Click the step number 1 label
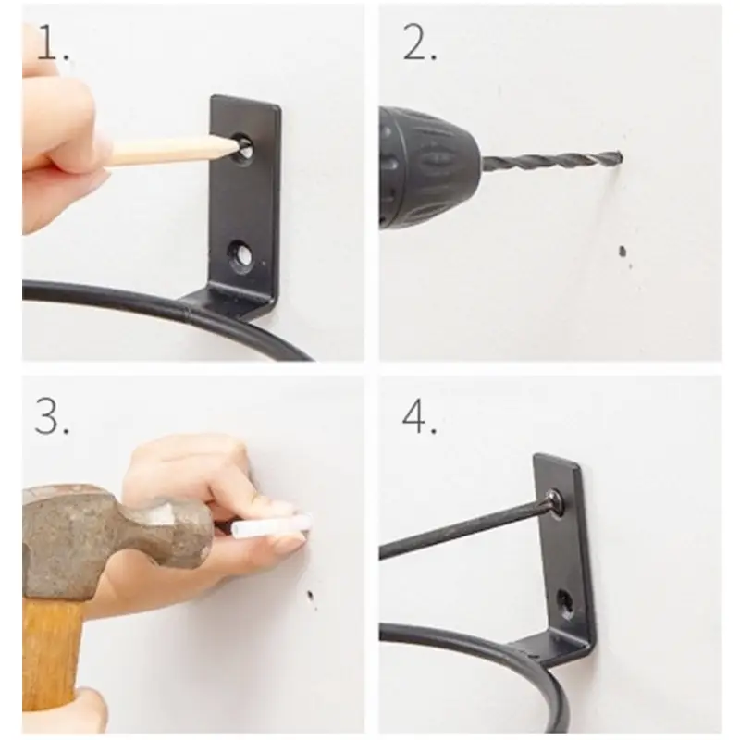click(x=53, y=43)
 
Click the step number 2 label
click(x=419, y=43)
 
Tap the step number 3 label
click(x=52, y=415)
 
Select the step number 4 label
click(x=419, y=415)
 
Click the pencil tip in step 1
click(x=237, y=147)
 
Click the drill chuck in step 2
click(x=428, y=168)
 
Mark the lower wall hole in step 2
click(x=623, y=252)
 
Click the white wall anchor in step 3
click(x=272, y=525)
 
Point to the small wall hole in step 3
click(x=311, y=595)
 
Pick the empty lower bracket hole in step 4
click(x=567, y=603)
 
